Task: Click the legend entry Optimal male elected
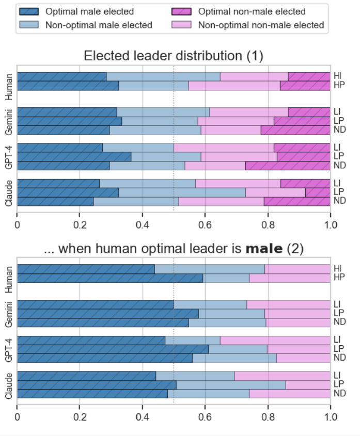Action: click(x=89, y=11)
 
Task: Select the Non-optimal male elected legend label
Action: click(x=99, y=25)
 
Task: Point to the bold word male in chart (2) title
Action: click(x=264, y=249)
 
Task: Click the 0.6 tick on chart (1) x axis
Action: click(x=205, y=225)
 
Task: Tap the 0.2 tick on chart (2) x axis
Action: click(x=80, y=416)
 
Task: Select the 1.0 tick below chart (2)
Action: click(x=330, y=416)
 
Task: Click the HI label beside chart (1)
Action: click(x=337, y=76)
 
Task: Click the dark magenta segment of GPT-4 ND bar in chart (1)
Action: click(x=288, y=166)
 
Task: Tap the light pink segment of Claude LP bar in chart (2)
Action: click(x=308, y=384)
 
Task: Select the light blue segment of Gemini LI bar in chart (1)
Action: click(x=163, y=112)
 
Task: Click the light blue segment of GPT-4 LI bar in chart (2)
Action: click(x=193, y=340)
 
